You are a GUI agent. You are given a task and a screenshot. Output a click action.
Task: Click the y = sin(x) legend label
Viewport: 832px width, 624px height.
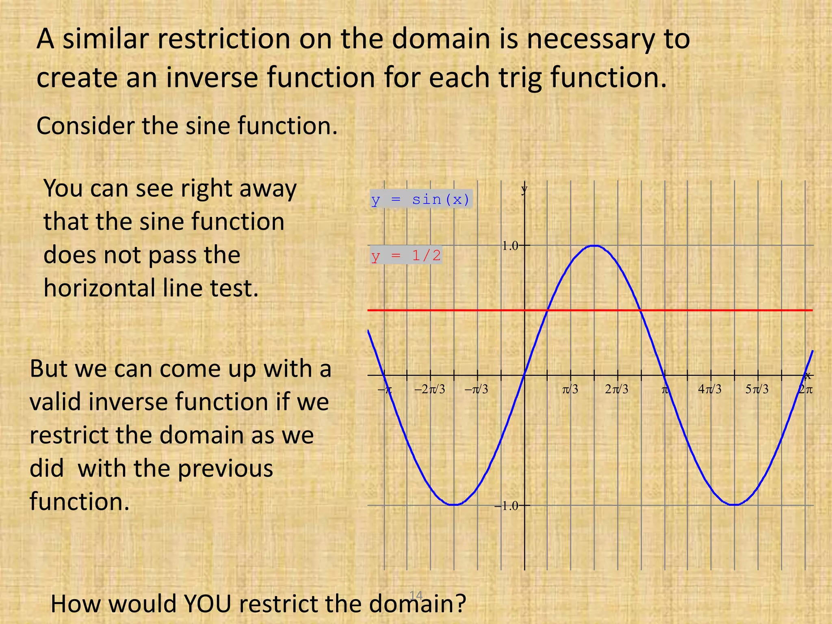421,199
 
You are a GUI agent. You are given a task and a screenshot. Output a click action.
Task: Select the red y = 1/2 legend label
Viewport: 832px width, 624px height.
406,256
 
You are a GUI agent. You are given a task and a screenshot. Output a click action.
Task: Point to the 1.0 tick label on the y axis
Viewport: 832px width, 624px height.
510,246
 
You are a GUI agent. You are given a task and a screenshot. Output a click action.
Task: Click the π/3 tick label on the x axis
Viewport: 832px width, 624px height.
570,389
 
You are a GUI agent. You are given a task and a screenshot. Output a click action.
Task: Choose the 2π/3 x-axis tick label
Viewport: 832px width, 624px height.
616,389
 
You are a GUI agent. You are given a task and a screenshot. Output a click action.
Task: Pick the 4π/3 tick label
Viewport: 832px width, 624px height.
710,389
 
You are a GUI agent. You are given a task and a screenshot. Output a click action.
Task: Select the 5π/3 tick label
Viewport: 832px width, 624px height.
757,389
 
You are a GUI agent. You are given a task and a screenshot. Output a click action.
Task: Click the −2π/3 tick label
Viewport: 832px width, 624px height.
429,389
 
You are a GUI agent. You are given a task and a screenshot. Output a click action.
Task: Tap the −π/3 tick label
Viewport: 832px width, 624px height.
476,389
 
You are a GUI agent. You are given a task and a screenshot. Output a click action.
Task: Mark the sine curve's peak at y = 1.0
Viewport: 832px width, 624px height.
594,245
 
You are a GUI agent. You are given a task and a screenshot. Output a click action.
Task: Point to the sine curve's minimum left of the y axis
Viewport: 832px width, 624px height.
455,505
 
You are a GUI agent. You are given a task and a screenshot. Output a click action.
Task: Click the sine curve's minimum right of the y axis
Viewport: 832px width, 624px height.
734,505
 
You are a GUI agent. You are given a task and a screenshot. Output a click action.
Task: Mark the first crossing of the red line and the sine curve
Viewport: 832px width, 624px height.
548,310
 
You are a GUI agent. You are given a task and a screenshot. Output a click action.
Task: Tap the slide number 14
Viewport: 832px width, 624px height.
416,595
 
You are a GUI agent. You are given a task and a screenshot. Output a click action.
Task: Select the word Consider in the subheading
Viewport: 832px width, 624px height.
85,126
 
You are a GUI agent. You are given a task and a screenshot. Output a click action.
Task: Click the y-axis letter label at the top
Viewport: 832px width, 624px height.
524,188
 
